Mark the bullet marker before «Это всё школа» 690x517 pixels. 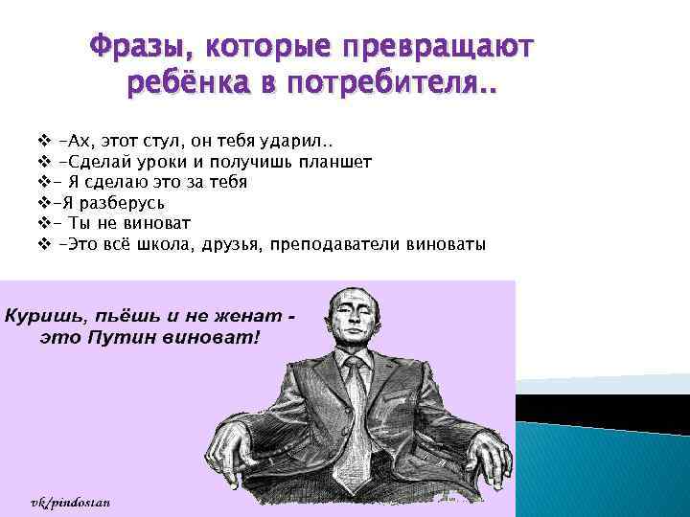(x=44, y=244)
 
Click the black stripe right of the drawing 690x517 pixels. (x=603, y=411)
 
